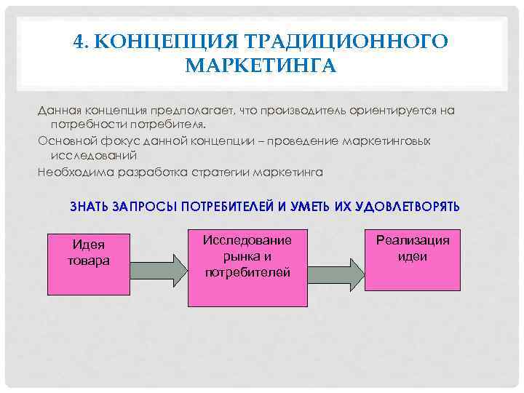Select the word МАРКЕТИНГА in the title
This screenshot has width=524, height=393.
pyautogui.click(x=261, y=67)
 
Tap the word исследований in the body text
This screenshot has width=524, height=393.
pyautogui.click(x=93, y=156)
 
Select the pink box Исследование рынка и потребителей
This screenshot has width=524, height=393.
pyautogui.click(x=247, y=268)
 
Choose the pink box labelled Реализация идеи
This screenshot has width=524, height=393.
pyautogui.click(x=412, y=259)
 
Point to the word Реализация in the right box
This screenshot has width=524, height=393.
pyautogui.click(x=413, y=241)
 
